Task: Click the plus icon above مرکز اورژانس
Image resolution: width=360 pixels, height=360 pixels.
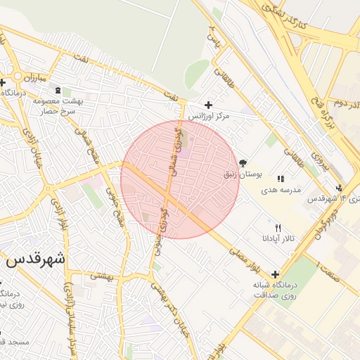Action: click(208, 105)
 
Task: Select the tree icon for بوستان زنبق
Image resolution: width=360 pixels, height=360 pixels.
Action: click(243, 162)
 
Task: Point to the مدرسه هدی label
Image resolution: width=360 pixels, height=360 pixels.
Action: click(281, 190)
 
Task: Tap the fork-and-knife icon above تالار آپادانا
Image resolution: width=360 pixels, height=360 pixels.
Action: click(278, 228)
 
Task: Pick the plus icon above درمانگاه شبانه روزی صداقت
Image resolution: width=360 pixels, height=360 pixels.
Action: click(274, 274)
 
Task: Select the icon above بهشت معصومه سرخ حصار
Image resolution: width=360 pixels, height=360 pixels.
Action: click(58, 90)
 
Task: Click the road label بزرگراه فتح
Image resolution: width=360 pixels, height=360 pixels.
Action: click(326, 117)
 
